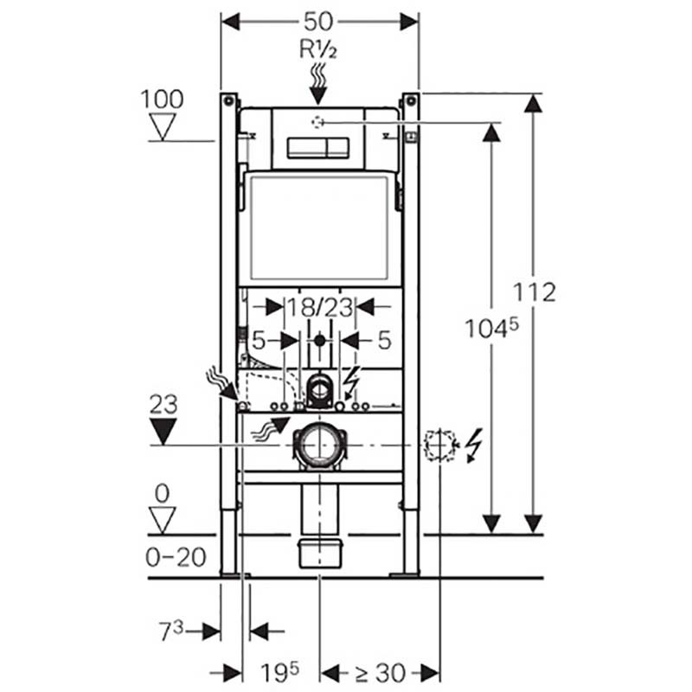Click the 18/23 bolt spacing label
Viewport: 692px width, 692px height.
(x=319, y=306)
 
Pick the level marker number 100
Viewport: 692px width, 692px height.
(x=162, y=99)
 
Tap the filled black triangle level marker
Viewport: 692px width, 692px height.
(x=162, y=430)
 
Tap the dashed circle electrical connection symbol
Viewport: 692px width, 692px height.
(x=439, y=445)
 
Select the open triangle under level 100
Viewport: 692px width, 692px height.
(x=162, y=127)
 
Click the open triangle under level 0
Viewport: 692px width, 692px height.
(x=162, y=520)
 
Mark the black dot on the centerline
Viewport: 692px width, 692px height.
(x=320, y=340)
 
